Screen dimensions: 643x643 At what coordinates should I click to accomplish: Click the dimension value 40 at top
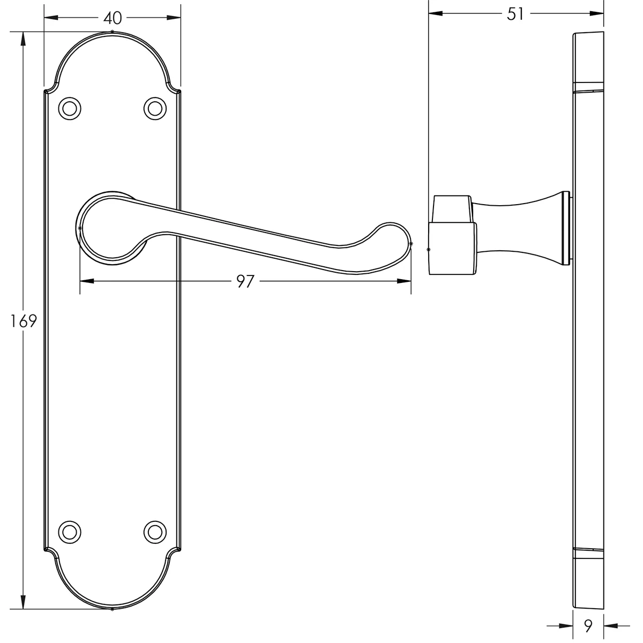point(113,18)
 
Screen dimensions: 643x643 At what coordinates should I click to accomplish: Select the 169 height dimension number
point(24,321)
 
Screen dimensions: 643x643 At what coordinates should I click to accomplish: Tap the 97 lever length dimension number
point(245,281)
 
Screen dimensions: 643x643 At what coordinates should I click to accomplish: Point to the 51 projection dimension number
point(515,14)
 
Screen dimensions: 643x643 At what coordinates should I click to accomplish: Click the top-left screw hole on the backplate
point(70,108)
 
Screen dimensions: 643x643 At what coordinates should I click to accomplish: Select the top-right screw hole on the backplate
point(155,108)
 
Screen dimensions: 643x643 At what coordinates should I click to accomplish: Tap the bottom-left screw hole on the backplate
point(70,532)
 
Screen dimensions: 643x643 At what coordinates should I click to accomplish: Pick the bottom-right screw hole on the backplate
point(155,532)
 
